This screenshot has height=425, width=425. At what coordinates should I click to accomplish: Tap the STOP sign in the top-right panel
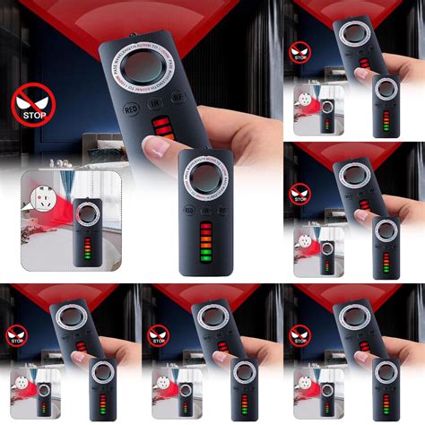coord(298,53)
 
